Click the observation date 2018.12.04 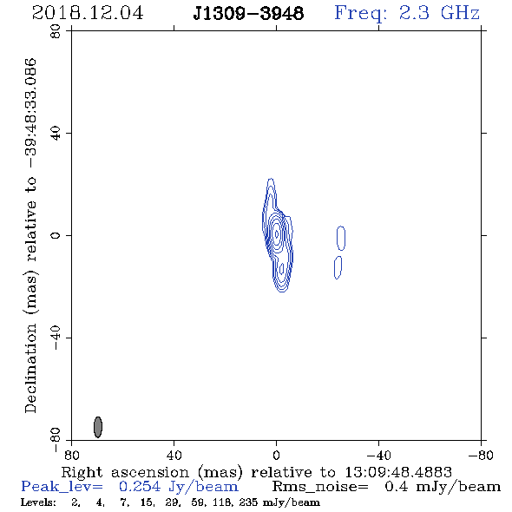pos(88,13)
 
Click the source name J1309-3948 pos(248,13)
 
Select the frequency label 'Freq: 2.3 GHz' pos(407,13)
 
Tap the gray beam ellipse pos(98,427)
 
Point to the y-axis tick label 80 pos(56,31)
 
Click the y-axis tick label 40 pos(56,134)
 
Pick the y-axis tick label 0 pos(56,235)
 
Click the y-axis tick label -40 pos(56,338)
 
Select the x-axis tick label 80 pos(71,455)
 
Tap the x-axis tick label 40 pos(174,455)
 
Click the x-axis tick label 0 pos(276,455)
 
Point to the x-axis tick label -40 pos(378,455)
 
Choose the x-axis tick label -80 pos(481,455)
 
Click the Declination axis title pos(31,235)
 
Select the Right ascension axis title pos(257,472)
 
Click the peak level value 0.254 pos(140,487)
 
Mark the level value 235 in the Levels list pos(248,502)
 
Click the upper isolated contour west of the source pos(341,238)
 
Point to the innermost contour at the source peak pos(277,233)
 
